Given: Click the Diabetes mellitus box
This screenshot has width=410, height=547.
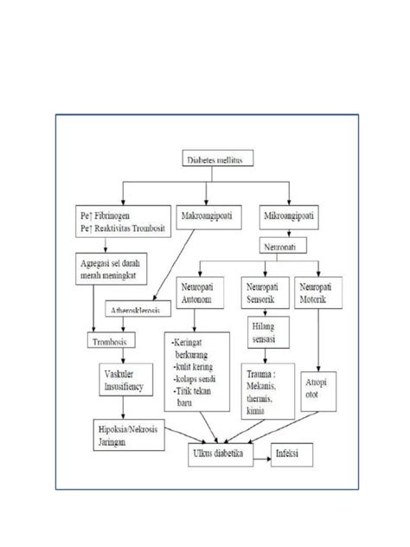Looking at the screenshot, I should pyautogui.click(x=218, y=159).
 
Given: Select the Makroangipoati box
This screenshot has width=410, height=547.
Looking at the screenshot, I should pyautogui.click(x=208, y=213).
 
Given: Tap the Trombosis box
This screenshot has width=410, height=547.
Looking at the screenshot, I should pyautogui.click(x=115, y=342).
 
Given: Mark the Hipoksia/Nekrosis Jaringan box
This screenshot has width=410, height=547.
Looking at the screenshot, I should pyautogui.click(x=126, y=432).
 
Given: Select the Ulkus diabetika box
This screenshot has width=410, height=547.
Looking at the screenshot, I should pyautogui.click(x=219, y=453).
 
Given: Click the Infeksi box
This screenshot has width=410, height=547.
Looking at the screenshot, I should pyautogui.click(x=290, y=453).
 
